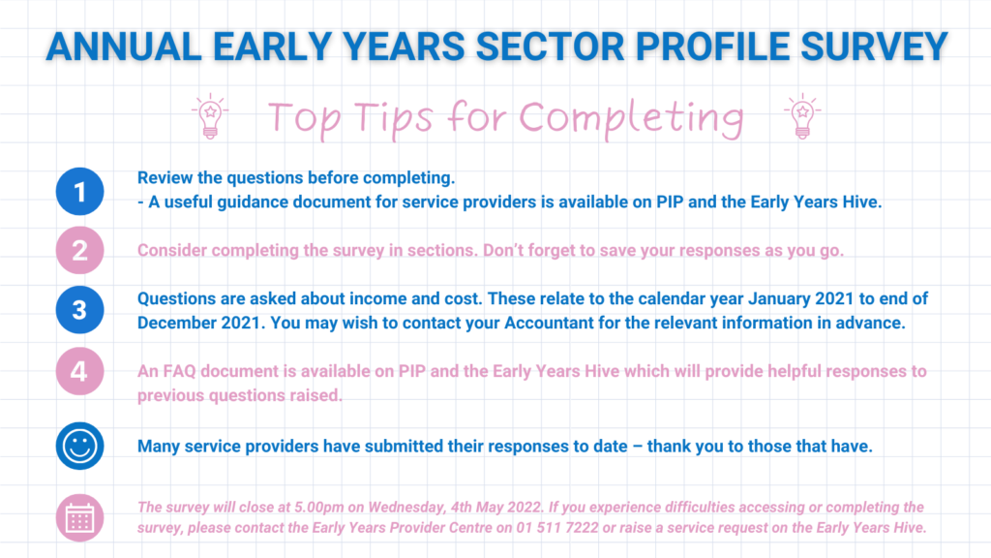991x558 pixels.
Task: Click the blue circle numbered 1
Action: coord(79,191)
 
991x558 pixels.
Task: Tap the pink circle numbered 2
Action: coord(79,250)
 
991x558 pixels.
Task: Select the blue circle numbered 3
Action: coord(79,309)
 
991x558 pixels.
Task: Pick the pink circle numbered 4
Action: coord(79,371)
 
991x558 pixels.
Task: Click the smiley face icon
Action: coord(79,446)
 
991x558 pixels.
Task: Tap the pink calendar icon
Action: coord(79,517)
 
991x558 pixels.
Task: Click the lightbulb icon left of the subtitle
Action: coord(210,116)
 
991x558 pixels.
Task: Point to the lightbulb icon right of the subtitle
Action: coord(802,116)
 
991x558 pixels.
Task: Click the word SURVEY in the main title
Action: coord(874,46)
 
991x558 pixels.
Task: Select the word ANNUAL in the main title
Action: coord(124,46)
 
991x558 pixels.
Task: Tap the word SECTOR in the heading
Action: coord(550,46)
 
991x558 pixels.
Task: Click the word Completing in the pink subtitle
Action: coord(631,118)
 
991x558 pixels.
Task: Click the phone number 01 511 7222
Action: coord(556,528)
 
